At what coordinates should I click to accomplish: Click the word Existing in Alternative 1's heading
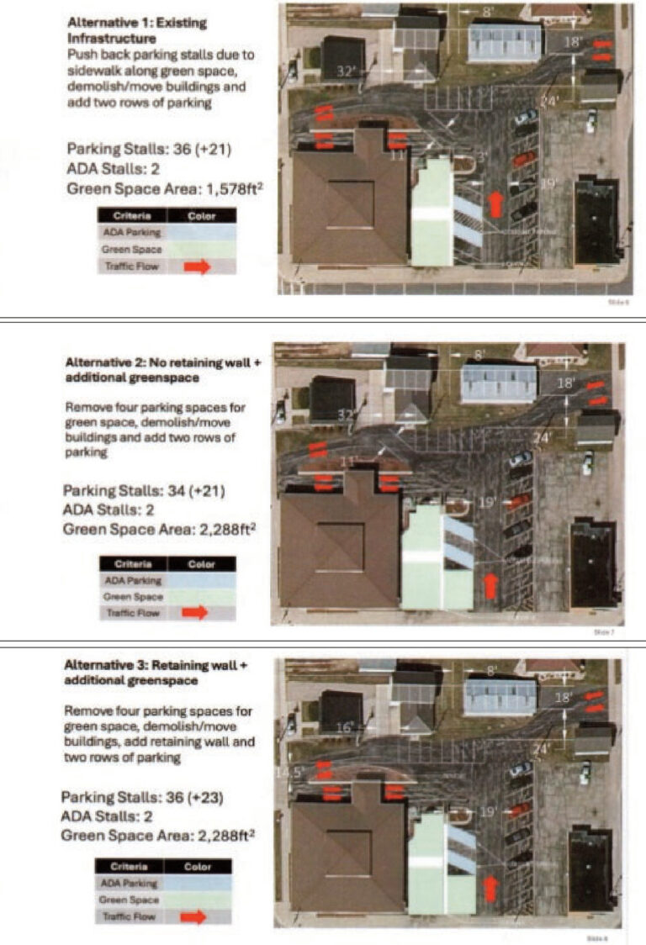click(x=181, y=22)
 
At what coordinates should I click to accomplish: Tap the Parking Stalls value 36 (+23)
click(x=192, y=795)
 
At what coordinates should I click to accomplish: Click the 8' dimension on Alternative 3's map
click(x=493, y=671)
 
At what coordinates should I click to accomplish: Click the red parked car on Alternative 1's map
click(x=523, y=158)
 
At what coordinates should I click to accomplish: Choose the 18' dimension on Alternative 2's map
click(x=567, y=383)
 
